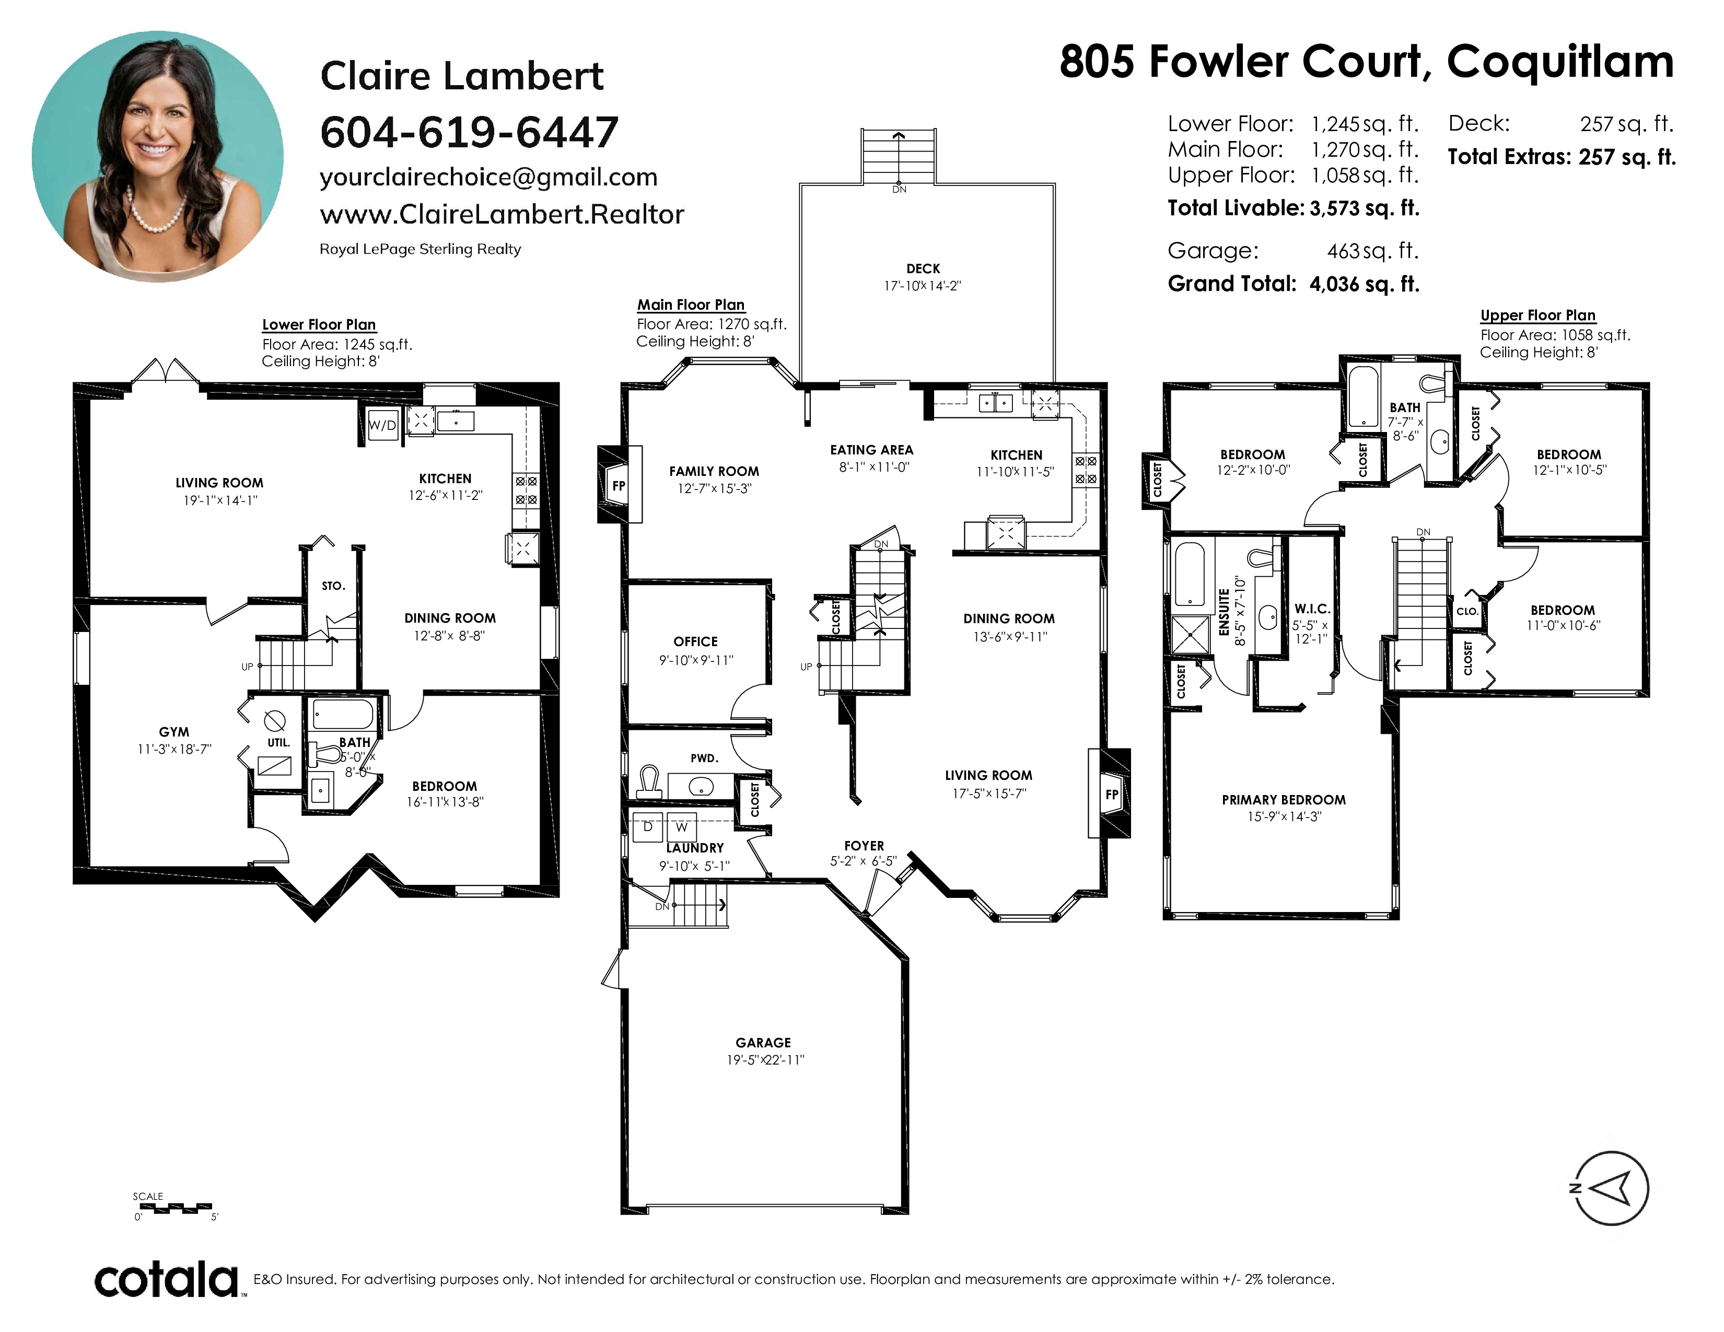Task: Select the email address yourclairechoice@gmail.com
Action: [488, 178]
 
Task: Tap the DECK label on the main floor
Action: [923, 268]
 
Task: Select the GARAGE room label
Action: [763, 1043]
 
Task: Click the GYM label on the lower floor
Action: [173, 732]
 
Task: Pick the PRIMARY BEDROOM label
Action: [1284, 799]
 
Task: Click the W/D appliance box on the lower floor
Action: [383, 425]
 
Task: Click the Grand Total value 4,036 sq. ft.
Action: [1364, 284]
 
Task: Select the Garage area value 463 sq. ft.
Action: [1373, 251]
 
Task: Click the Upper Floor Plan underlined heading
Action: [1537, 316]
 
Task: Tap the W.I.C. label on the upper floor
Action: [1312, 609]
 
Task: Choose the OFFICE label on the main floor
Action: [695, 641]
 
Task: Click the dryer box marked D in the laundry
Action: [649, 827]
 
